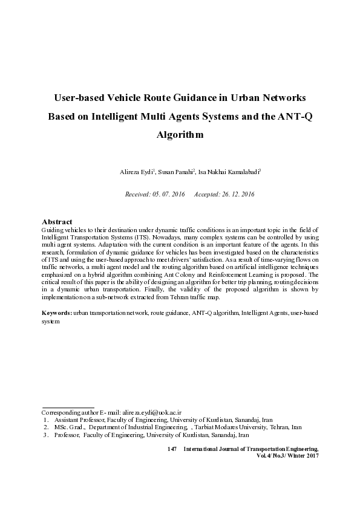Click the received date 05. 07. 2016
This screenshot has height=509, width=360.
[170, 195]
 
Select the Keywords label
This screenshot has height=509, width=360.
[56, 313]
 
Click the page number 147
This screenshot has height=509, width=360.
[171, 449]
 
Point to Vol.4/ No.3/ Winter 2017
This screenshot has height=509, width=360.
[288, 456]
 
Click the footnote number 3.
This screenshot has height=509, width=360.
[45, 435]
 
